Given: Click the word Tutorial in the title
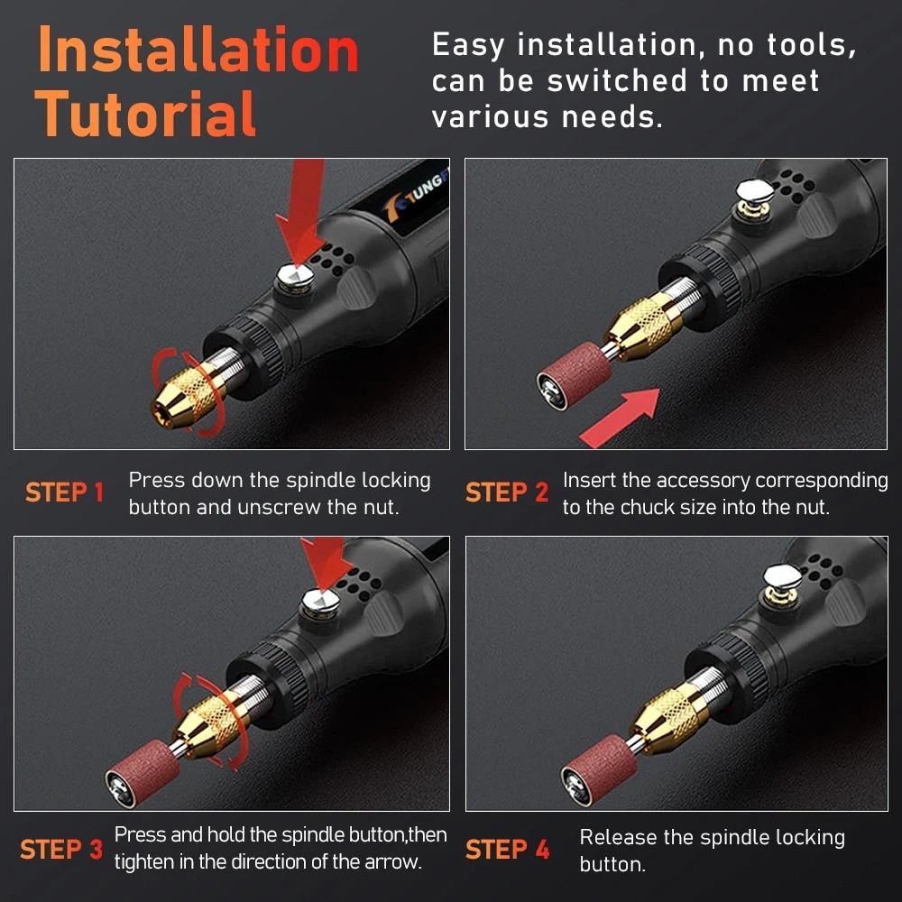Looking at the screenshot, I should pos(146,115).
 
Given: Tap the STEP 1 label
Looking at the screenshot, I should pos(65,493).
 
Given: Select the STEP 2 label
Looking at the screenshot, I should pos(507,493).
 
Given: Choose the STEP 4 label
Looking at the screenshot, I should pos(507,850).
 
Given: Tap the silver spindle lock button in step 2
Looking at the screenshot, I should pos(751,191).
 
